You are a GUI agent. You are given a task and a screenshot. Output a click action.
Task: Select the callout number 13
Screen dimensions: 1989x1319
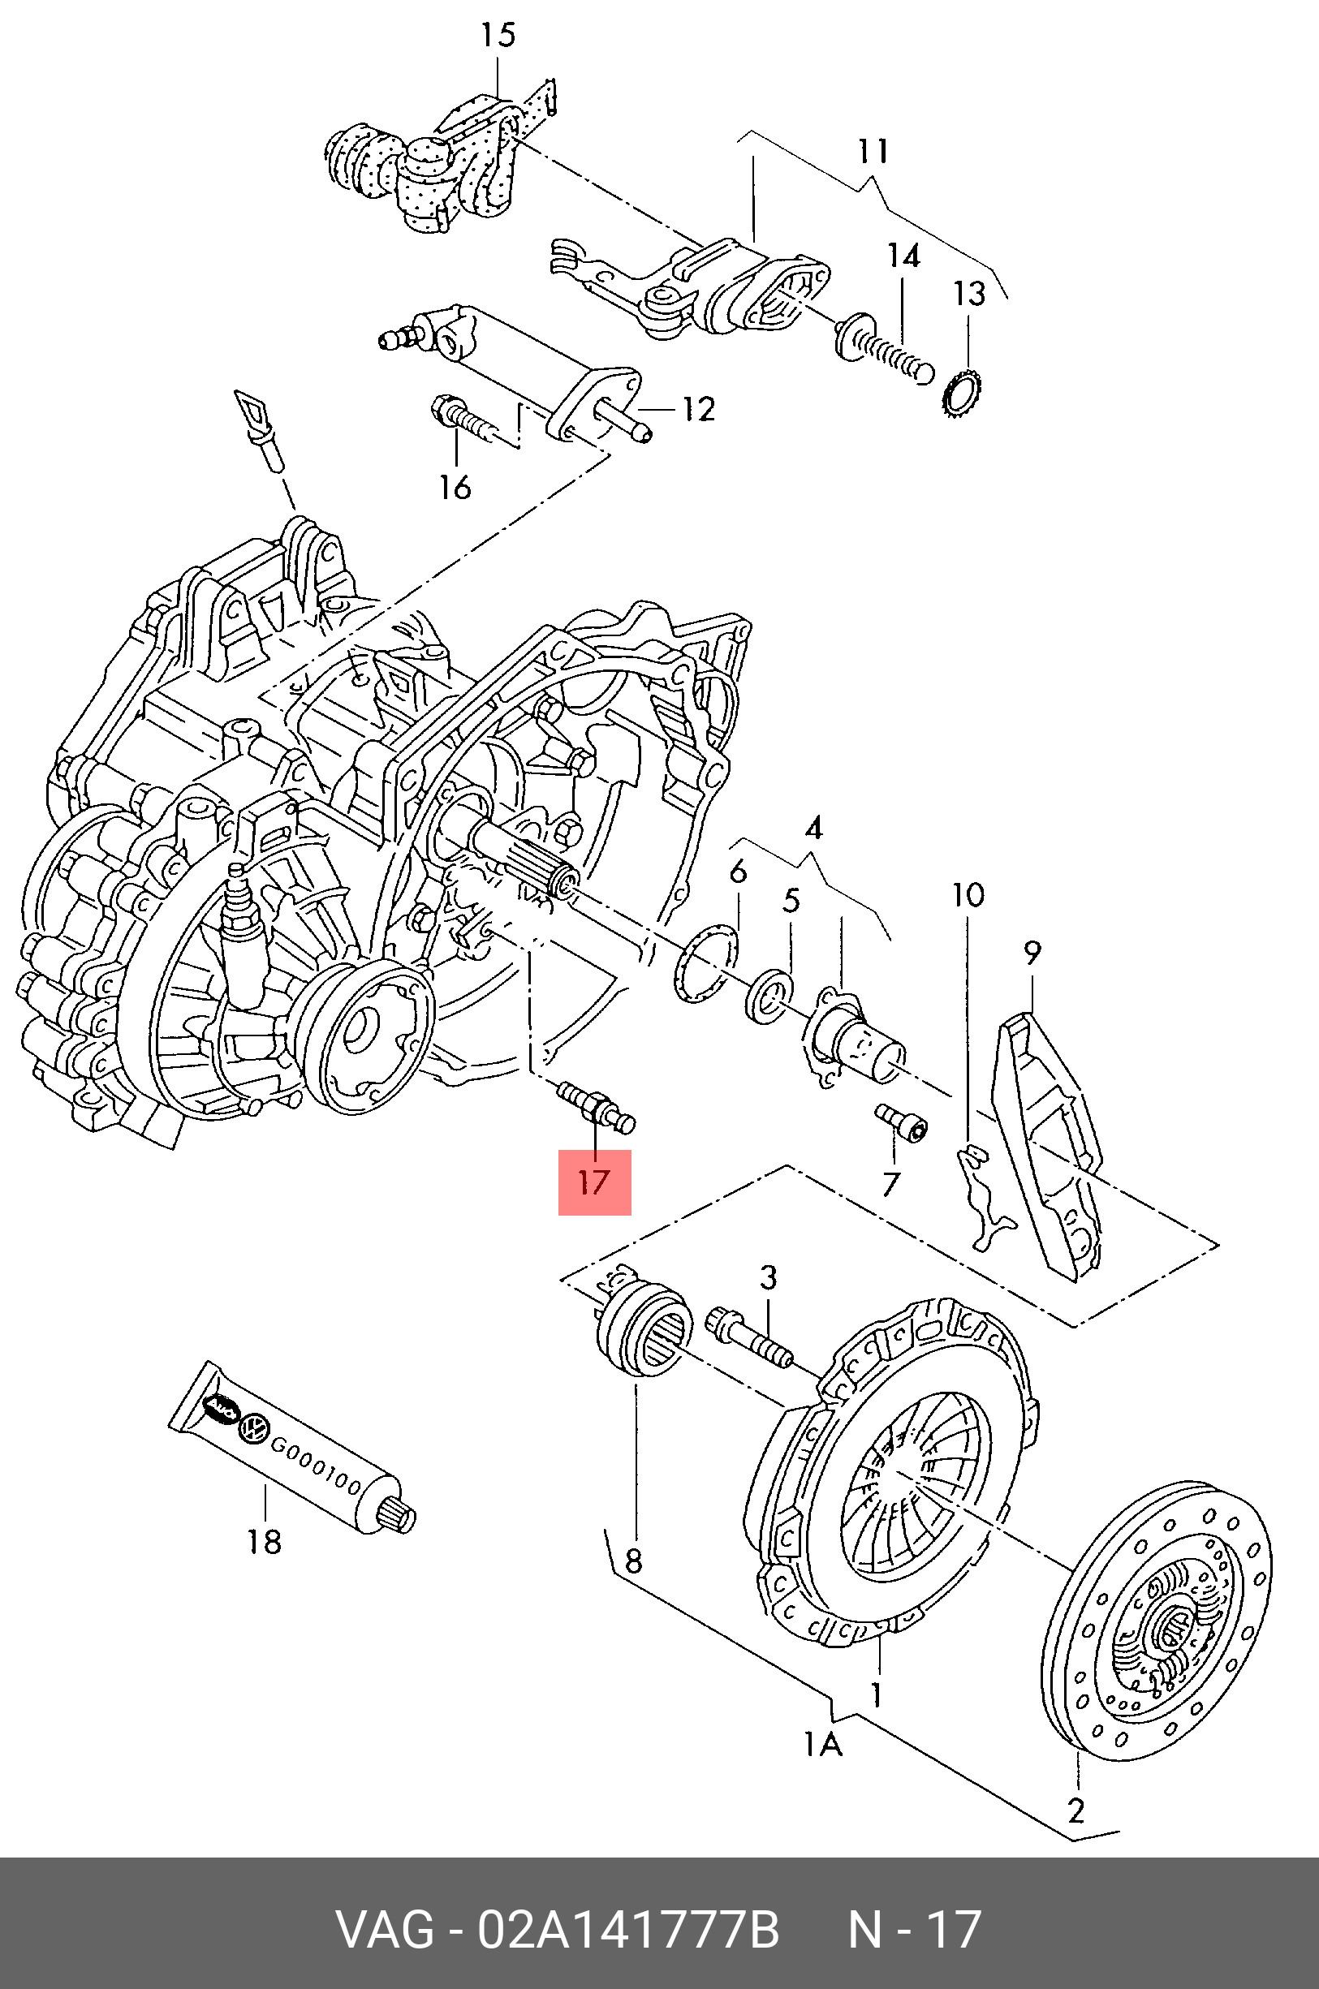968,294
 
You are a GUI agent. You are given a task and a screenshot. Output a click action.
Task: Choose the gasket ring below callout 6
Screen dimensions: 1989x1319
705,963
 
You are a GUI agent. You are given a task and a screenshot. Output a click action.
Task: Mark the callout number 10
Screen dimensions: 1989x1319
968,896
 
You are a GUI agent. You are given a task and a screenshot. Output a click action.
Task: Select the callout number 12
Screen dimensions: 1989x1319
698,410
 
